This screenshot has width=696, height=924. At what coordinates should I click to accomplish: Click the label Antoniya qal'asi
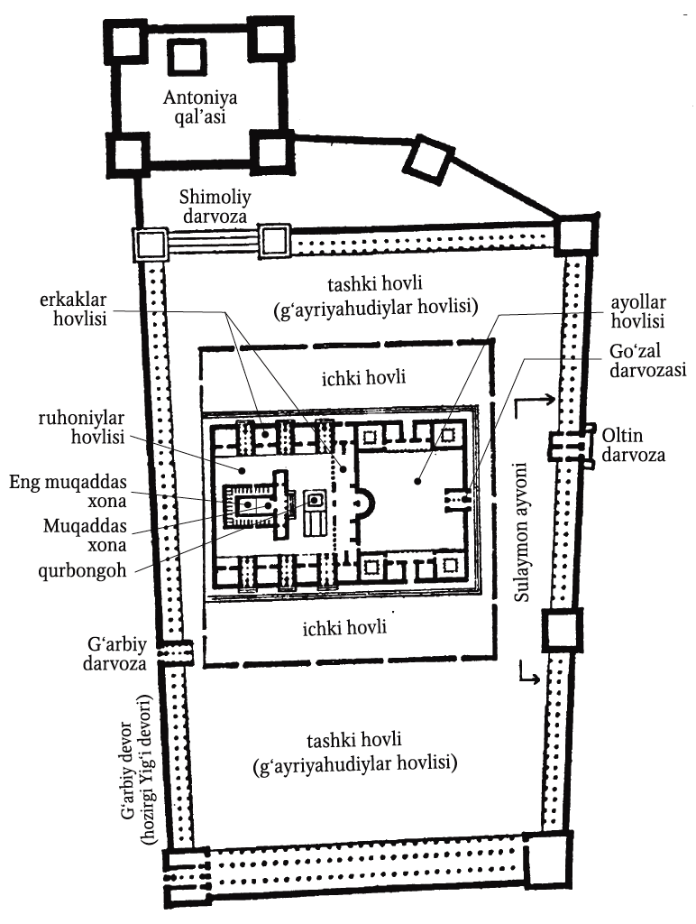click(x=199, y=106)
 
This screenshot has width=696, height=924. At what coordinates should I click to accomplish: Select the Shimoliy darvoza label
click(x=215, y=207)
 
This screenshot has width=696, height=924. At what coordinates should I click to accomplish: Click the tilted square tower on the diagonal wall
click(x=432, y=160)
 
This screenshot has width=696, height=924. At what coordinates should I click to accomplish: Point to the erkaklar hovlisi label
click(x=73, y=310)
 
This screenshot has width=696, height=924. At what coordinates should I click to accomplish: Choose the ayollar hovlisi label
click(x=637, y=311)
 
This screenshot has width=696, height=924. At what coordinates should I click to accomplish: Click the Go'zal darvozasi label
click(x=647, y=361)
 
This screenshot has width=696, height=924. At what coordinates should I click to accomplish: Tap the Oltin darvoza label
click(x=632, y=446)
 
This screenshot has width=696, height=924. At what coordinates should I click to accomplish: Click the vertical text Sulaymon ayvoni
click(x=522, y=532)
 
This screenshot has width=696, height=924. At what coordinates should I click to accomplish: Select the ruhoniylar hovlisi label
click(x=81, y=428)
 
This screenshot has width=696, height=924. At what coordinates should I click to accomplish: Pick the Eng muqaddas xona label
click(x=68, y=492)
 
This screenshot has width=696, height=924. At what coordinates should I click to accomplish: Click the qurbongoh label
click(x=82, y=571)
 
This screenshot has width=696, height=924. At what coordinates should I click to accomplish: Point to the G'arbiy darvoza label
click(x=114, y=653)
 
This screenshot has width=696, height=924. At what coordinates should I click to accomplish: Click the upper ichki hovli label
click(x=363, y=377)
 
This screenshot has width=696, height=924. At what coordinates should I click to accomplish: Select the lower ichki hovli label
click(x=344, y=627)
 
